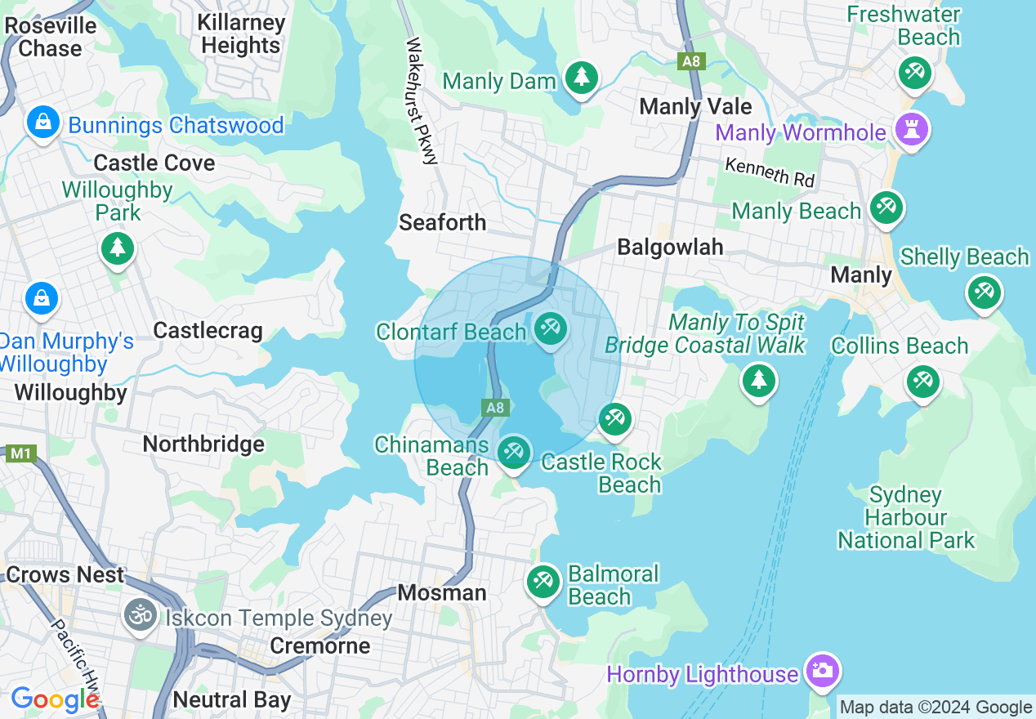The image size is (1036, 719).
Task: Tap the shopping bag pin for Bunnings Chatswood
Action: pos(42,123)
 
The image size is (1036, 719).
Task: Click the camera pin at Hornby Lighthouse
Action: pos(821,671)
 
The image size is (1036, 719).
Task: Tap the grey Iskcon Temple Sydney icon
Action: pos(141,615)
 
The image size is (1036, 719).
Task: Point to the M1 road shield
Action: pos(20,453)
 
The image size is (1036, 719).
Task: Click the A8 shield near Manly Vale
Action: pos(691,61)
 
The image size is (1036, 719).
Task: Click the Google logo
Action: pos(55,699)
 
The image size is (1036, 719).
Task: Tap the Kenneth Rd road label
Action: pos(770,171)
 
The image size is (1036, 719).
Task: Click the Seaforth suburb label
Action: pos(442,222)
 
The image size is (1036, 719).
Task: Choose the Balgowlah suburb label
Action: pos(670,247)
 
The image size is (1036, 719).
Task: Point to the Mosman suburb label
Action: pos(442,592)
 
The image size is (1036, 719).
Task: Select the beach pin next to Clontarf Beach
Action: pos(550,329)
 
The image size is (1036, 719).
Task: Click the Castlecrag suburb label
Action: pos(208,330)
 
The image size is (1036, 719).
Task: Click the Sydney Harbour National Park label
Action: pos(906,517)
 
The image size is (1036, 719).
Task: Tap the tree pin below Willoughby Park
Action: pos(118,247)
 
